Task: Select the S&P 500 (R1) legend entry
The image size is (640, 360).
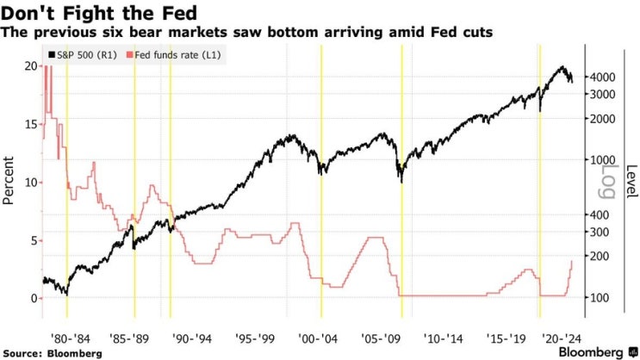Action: pyautogui.click(x=83, y=55)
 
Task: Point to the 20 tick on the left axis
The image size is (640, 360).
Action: pyautogui.click(x=30, y=66)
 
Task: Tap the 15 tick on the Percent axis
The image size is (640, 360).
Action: pyautogui.click(x=30, y=124)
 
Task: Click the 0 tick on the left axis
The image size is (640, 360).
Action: pyautogui.click(x=34, y=298)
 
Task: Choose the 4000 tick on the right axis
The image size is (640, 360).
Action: pyautogui.click(x=600, y=77)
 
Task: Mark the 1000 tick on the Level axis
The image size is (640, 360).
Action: pyautogui.click(x=600, y=159)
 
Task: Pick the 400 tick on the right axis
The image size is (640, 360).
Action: pyautogui.click(x=598, y=214)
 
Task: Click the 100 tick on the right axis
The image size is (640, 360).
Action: pyautogui.click(x=598, y=298)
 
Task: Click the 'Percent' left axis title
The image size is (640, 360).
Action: pyautogui.click(x=10, y=181)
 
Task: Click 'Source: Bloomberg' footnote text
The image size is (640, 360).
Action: pyautogui.click(x=53, y=352)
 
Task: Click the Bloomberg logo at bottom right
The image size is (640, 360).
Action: pyautogui.click(x=591, y=351)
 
